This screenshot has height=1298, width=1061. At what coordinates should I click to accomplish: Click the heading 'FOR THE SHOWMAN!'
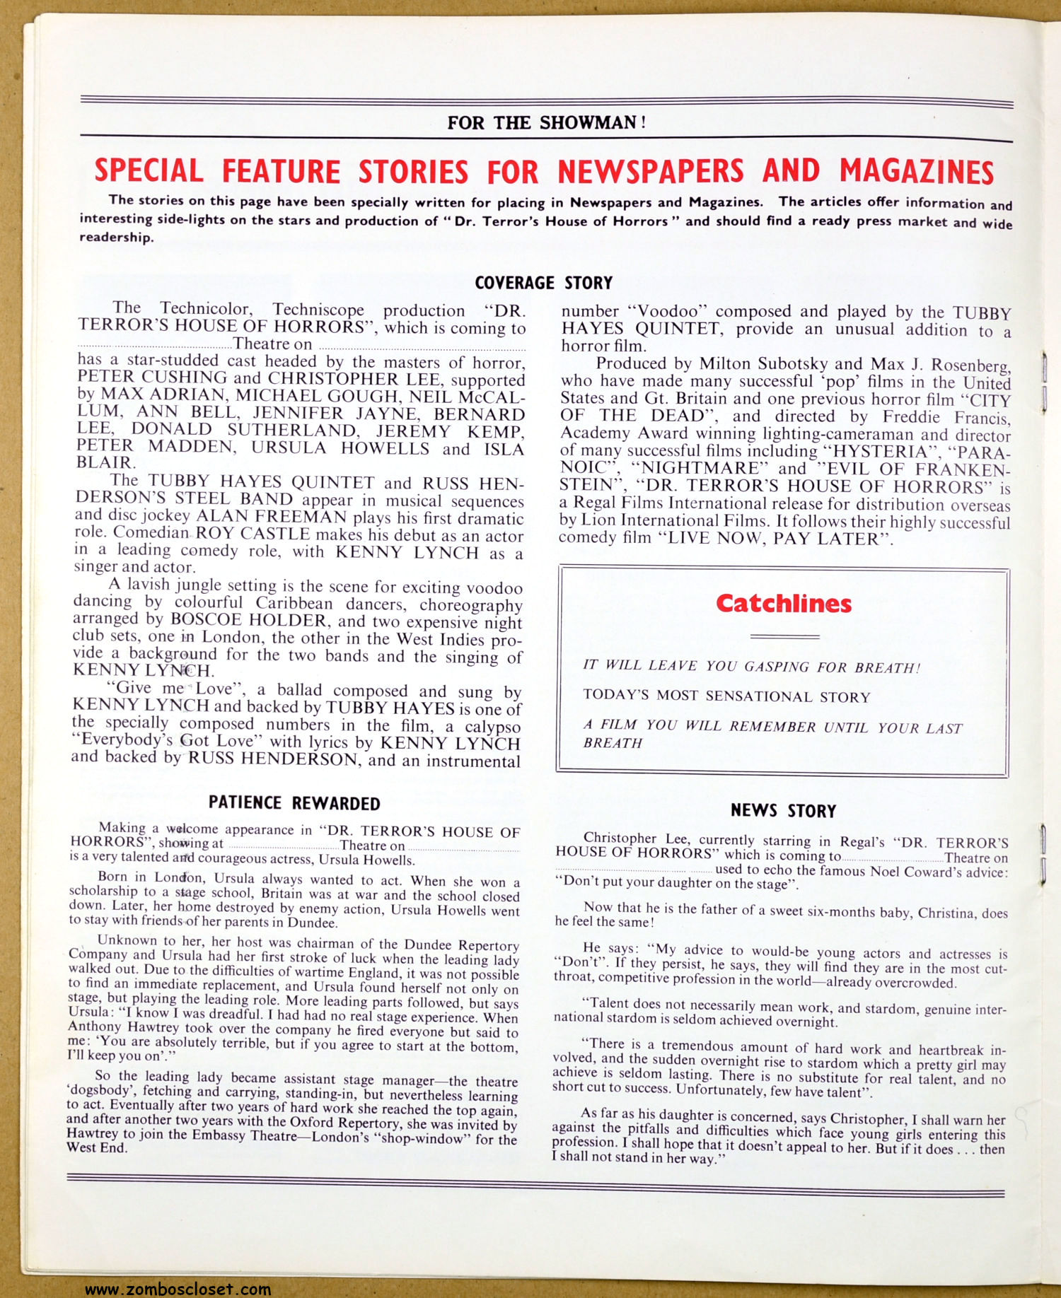pos(546,123)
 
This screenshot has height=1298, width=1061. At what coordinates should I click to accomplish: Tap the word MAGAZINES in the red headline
pos(916,172)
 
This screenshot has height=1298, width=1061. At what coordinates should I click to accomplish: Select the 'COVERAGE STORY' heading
pos(543,283)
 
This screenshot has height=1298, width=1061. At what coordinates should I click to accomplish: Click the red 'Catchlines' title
pos(783,604)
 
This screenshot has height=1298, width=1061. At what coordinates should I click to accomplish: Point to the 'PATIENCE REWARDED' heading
pos(294,803)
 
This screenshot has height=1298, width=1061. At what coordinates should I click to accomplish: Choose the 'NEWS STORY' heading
pos(783,811)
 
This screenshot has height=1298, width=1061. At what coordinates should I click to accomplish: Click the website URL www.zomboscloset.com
pos(178,1289)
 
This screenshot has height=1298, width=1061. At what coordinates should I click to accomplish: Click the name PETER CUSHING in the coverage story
pos(152,378)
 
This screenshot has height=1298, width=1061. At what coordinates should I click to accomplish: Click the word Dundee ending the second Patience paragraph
pos(315,923)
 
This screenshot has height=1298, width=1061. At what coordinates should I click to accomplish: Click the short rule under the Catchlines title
pos(784,637)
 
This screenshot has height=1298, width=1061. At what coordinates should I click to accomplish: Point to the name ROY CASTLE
pos(253,534)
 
